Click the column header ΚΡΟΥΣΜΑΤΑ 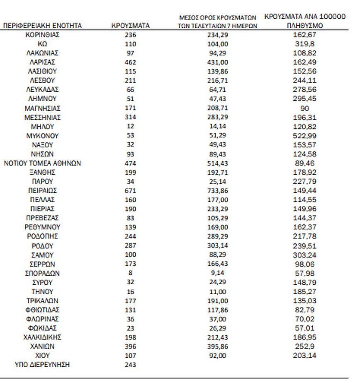(130, 26)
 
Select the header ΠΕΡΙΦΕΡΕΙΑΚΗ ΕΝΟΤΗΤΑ (42, 26)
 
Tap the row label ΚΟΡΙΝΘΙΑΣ (42, 35)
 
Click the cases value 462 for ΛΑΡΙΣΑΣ (130, 62)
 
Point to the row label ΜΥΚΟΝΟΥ (42, 136)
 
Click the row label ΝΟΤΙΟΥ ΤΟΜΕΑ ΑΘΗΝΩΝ (42, 163)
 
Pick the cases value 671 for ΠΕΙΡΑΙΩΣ (130, 190)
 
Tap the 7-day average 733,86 (218, 190)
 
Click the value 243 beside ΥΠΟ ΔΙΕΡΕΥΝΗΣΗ (130, 365)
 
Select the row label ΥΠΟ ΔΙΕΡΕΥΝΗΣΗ (42, 365)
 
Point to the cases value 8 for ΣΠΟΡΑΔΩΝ (130, 273)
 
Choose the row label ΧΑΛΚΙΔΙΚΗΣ (42, 337)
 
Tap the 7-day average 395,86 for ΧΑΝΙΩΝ (218, 346)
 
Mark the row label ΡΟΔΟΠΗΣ (42, 236)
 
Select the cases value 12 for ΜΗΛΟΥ (130, 127)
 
